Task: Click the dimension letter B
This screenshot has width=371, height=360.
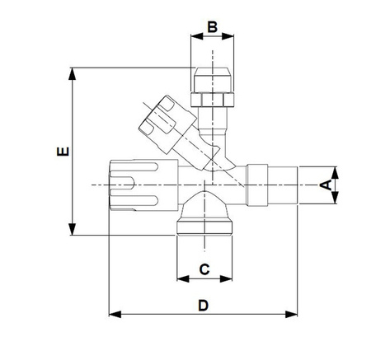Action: pos(212,27)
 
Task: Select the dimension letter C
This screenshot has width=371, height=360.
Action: pos(205,269)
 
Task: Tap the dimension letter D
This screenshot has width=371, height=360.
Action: pos(204,306)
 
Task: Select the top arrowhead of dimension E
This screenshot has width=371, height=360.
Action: pos(74,73)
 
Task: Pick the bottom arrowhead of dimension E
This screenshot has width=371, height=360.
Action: pos(74,230)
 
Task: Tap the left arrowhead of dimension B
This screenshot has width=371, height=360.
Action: pos(195,36)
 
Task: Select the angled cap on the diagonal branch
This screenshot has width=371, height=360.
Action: pos(160,119)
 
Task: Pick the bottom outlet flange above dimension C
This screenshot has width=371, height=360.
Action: pos(205,226)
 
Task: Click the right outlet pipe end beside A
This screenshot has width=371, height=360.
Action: pos(280,185)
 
